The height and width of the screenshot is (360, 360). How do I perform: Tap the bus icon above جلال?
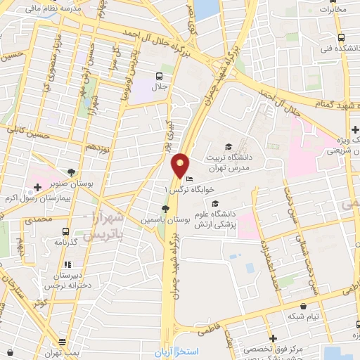160,75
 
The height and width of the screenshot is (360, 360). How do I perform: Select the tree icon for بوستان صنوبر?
72,172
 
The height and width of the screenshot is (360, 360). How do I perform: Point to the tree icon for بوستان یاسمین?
165,209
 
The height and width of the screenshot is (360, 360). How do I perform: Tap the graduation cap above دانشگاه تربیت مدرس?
229,146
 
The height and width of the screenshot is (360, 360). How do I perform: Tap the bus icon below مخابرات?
340,37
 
